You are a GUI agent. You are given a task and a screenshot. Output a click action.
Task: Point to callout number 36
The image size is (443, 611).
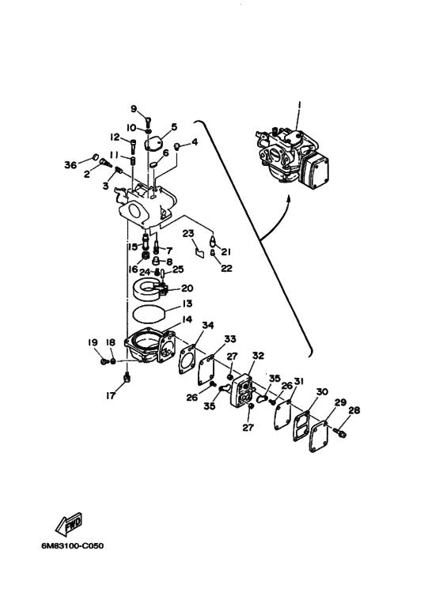pyautogui.click(x=71, y=164)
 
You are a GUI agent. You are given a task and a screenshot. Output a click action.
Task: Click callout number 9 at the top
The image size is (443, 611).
pyautogui.click(x=134, y=108)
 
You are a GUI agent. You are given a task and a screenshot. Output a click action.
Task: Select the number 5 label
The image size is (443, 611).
pyautogui.click(x=174, y=126)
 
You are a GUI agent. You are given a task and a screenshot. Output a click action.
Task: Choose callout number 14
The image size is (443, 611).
pyautogui.click(x=187, y=319)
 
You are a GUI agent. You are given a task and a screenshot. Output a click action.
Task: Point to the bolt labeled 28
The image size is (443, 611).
pyautogui.click(x=341, y=433)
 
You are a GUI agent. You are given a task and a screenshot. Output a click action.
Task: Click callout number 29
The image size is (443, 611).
pyautogui.click(x=339, y=403)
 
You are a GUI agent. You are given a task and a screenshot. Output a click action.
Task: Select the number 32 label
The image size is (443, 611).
pyautogui.click(x=258, y=356)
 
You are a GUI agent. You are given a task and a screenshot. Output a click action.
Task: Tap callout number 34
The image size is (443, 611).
pyautogui.click(x=207, y=325)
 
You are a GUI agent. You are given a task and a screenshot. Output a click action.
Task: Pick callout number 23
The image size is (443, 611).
pyautogui.click(x=187, y=233)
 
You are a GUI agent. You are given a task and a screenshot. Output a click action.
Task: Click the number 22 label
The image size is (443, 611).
pyautogui.click(x=226, y=268)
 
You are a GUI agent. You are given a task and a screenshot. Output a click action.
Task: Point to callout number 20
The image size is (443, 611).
pyautogui.click(x=187, y=289)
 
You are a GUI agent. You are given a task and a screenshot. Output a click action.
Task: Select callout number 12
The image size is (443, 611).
pyautogui.click(x=115, y=137)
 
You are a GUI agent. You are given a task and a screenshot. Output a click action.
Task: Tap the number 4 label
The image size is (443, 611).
pyautogui.click(x=194, y=142)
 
